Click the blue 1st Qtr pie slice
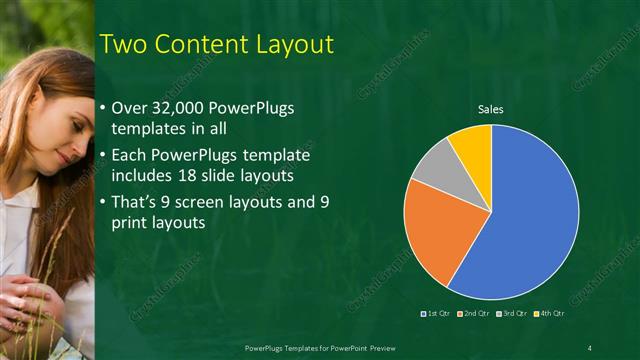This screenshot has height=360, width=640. [x=535, y=220]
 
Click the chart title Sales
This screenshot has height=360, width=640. [x=490, y=109]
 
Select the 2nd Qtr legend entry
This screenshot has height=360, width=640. [x=474, y=314]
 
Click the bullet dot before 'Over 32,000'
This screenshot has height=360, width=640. [x=105, y=108]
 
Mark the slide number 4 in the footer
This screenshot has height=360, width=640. [x=590, y=347]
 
